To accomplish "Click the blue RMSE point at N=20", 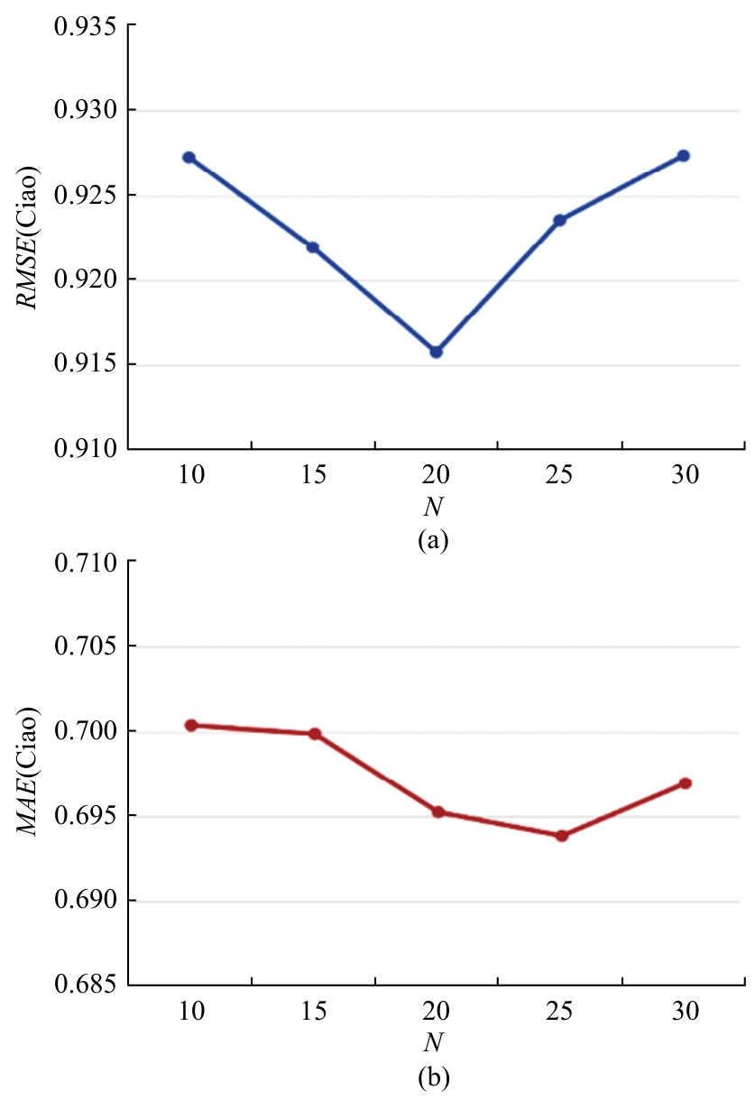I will click(x=437, y=352).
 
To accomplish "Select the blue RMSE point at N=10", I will click(x=189, y=157).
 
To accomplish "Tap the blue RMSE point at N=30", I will click(x=684, y=156).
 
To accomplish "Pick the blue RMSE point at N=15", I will click(x=313, y=247).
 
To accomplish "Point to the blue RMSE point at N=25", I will click(x=560, y=220).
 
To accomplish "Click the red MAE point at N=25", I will click(x=562, y=836).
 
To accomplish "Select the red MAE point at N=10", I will click(x=190, y=725).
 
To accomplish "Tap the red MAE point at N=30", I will click(x=686, y=783).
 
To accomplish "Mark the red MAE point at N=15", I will click(x=315, y=734).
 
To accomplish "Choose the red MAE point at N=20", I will click(x=438, y=811).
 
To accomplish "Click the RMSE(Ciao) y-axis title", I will click(x=31, y=237).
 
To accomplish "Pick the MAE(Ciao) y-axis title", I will click(x=31, y=774).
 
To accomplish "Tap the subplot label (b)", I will click(x=434, y=1076).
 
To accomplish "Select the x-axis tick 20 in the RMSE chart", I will click(x=437, y=475).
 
